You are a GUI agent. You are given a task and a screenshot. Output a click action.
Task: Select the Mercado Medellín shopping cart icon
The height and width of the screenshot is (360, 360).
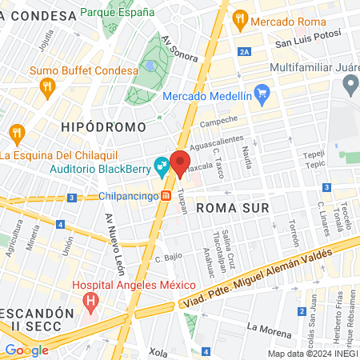(x=266, y=95)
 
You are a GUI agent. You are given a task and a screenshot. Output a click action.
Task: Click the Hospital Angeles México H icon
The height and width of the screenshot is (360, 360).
(x=90, y=303)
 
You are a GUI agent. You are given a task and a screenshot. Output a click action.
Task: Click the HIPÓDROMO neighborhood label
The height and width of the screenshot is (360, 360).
(x=103, y=126)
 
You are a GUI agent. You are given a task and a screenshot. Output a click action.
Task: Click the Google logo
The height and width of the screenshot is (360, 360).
(x=26, y=350)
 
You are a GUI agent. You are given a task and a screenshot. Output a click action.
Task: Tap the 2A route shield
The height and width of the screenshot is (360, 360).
(x=245, y=52)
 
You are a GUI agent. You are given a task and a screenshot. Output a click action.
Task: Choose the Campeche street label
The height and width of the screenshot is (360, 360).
(x=219, y=121)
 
